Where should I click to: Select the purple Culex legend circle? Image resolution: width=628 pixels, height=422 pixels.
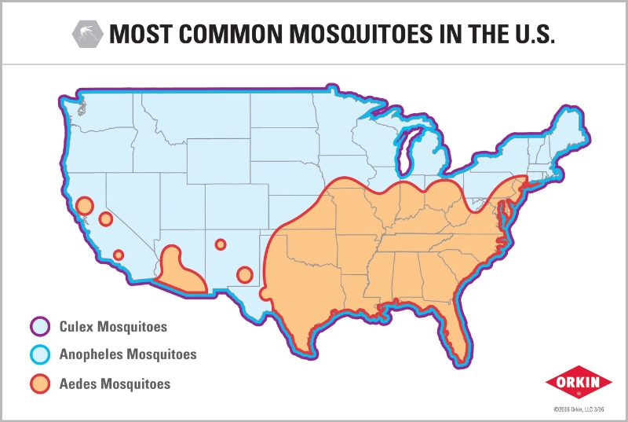pos(40,325)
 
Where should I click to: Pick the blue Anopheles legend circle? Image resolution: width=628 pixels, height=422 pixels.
pos(40,354)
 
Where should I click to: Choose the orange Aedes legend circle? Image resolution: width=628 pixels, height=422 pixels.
pos(40,384)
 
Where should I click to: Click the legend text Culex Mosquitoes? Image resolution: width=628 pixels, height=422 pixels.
pos(113,325)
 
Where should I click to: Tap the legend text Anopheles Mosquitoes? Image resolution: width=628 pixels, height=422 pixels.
pos(128,354)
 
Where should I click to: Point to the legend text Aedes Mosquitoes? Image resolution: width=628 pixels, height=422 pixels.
pos(115,384)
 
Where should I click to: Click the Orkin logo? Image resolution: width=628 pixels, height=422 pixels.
pos(579,383)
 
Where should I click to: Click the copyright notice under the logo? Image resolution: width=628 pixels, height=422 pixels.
pos(580,409)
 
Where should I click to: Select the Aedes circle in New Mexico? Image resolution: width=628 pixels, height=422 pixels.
pos(221,244)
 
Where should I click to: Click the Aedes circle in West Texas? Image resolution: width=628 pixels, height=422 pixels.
pos(244,274)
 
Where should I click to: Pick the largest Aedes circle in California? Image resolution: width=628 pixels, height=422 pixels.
pos(85,206)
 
